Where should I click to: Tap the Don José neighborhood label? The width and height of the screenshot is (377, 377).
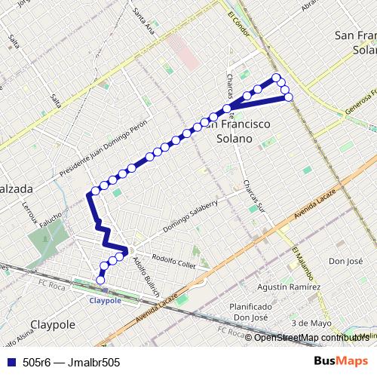(x=345, y=262)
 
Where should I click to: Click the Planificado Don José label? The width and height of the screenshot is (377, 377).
(x=252, y=312)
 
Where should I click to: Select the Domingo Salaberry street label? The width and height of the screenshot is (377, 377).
(x=190, y=217)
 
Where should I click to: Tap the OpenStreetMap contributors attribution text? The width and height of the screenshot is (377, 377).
(x=309, y=337)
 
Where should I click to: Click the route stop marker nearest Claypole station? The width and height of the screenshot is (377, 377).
(x=101, y=280)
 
